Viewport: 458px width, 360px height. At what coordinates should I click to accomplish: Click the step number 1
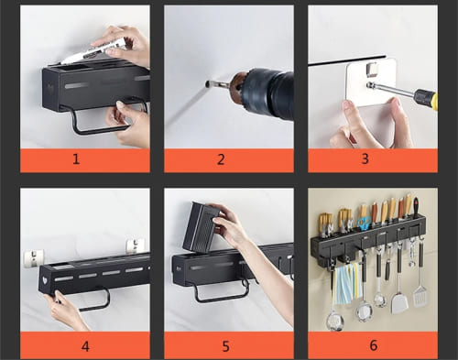[x=76, y=159]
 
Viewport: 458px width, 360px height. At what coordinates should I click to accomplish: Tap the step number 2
[x=221, y=159]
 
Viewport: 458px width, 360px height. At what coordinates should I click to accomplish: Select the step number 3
[x=365, y=158]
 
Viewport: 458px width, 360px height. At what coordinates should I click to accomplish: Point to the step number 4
[x=85, y=346]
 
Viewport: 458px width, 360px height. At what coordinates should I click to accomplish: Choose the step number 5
[x=225, y=346]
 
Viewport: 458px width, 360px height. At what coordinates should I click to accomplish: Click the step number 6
[x=373, y=345]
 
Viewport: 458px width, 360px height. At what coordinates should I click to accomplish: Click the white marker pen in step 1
[x=94, y=50]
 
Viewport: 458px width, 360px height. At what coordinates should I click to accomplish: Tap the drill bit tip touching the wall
[x=207, y=83]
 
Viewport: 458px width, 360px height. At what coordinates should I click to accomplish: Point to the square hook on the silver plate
[x=371, y=69]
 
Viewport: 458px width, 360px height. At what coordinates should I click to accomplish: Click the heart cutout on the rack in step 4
[x=45, y=280]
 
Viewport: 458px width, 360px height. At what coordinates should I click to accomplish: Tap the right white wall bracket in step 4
[x=136, y=245]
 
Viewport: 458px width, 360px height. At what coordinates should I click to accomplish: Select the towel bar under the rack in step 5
[x=221, y=292]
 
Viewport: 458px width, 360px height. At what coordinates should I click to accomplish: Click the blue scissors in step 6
[x=365, y=224]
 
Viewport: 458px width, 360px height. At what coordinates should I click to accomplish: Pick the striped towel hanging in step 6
[x=347, y=283]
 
